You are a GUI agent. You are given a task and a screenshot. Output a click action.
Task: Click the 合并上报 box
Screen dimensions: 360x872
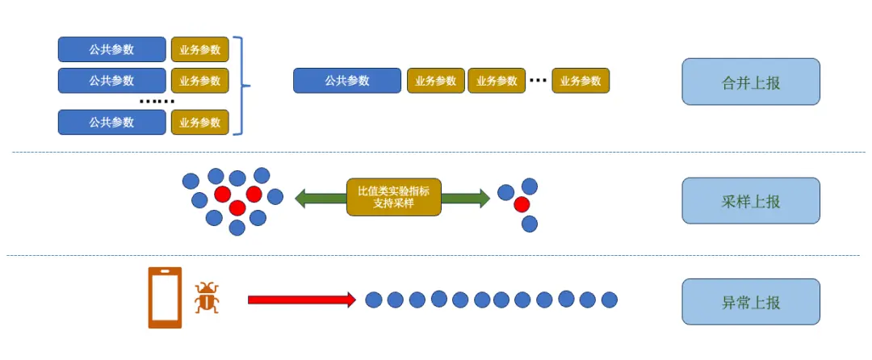coord(751,82)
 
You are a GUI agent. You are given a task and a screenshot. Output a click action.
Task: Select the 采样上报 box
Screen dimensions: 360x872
coord(751,201)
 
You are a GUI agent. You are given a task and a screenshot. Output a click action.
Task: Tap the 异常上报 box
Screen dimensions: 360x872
coord(751,302)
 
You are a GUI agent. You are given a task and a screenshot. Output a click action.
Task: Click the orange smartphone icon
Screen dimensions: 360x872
coord(165,298)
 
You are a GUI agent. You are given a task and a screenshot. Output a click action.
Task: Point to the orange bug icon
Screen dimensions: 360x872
coord(207,298)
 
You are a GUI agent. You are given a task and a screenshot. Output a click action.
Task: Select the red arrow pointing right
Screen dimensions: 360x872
coord(301,299)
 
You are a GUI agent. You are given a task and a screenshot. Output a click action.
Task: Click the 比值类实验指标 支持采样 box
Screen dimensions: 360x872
coord(394,197)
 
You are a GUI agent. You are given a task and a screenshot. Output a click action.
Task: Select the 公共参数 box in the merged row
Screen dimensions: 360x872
coord(347,81)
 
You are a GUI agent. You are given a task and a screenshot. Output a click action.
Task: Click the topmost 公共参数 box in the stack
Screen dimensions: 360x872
coord(112,49)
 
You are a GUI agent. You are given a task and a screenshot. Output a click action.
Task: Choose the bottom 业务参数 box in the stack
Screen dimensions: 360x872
coord(200,123)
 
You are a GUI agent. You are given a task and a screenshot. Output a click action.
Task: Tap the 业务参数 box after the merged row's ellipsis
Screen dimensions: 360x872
coord(581,81)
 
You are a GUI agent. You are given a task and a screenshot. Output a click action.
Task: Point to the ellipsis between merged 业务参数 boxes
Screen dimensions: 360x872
coord(538,81)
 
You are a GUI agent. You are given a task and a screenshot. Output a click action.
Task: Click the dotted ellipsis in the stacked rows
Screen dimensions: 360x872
coord(157,102)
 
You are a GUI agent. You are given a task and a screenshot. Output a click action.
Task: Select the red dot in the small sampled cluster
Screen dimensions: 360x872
coord(522,203)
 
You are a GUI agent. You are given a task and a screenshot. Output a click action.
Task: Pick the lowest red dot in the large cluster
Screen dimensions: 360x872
coord(237,208)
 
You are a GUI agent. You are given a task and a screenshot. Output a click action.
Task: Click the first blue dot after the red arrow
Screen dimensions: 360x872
coord(373,300)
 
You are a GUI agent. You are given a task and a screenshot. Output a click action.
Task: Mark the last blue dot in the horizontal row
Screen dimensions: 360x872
coord(610,300)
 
